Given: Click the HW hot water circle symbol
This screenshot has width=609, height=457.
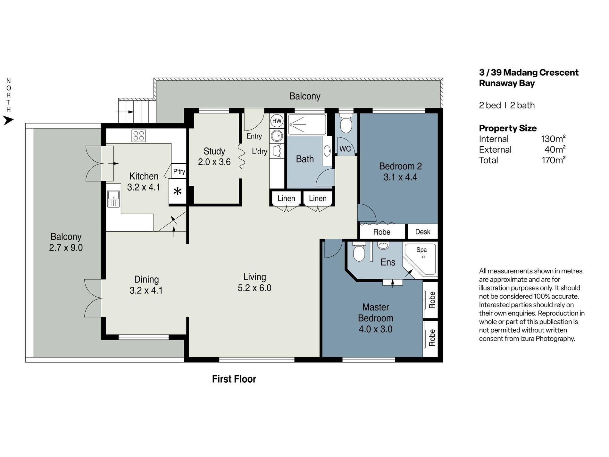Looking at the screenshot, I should tap(277, 121).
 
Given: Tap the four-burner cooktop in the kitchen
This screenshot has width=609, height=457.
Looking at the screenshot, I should tap(138, 136).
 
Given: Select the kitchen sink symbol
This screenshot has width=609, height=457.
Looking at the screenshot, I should tap(113, 198).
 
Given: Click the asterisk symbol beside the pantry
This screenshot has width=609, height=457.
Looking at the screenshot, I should tap(177, 192).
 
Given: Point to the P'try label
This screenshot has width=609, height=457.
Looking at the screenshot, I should tap(179, 171).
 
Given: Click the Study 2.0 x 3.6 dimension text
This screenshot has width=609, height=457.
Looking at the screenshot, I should tap(214, 162).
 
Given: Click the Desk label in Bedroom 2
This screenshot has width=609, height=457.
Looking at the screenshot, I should tap(422, 232).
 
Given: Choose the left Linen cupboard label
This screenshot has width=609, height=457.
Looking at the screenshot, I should tap(286, 199).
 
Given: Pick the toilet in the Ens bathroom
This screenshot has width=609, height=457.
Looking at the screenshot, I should tap(358, 252).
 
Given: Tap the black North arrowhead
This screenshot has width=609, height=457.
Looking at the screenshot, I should tap(8, 121).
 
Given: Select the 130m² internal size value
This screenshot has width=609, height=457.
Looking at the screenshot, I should tap(553, 139).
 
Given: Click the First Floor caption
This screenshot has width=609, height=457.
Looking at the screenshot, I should tap(234, 379).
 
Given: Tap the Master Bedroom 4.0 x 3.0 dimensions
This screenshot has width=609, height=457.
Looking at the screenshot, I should tap(375, 329).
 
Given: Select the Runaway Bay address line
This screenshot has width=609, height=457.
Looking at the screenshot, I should tap(507, 83).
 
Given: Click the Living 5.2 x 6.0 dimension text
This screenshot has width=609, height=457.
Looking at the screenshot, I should tap(254, 288).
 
